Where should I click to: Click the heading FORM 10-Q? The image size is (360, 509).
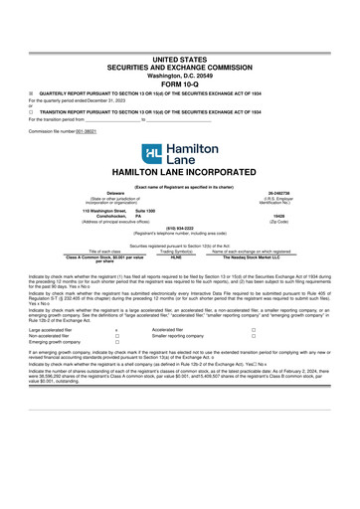[180, 83]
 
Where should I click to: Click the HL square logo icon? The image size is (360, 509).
[150, 154]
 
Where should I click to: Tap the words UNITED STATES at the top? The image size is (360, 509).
[180, 61]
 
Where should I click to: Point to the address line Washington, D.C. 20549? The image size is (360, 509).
[180, 75]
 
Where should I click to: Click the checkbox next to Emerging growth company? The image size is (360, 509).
[116, 370]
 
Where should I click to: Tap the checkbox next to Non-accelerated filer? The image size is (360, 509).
[116, 363]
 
